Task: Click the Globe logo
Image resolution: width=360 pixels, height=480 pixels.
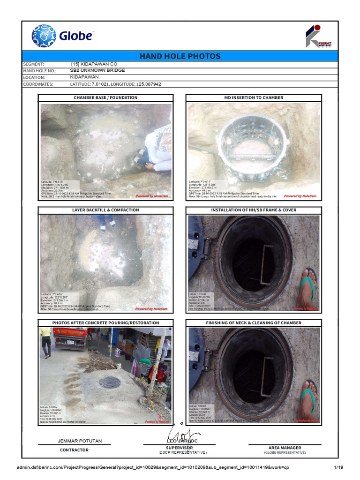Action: click(62, 36)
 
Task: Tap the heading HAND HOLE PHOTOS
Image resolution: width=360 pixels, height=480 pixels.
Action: click(180, 56)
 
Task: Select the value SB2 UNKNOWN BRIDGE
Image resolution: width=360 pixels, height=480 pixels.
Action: click(97, 70)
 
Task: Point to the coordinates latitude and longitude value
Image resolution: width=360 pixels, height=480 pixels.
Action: click(115, 84)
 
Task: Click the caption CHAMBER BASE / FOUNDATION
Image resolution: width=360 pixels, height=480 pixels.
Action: click(105, 97)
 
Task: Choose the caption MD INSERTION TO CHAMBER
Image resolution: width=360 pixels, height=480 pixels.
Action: click(254, 97)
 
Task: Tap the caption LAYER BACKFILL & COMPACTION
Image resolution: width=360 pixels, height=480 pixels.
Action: click(105, 210)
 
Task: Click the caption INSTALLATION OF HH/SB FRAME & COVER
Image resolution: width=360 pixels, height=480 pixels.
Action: click(254, 210)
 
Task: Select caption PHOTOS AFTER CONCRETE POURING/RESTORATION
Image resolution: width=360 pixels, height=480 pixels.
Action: click(105, 323)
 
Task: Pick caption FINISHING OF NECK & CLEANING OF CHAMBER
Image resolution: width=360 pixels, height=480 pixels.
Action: click(254, 323)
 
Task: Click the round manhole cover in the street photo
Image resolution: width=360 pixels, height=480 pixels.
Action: click(109, 382)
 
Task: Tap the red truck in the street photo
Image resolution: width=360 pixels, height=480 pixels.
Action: click(70, 337)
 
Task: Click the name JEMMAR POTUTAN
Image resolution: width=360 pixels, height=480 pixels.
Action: click(80, 441)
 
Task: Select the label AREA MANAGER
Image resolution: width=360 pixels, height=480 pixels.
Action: click(285, 448)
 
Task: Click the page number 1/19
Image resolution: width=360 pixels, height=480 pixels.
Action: click(338, 467)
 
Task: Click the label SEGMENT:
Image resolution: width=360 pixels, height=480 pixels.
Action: click(33, 64)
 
